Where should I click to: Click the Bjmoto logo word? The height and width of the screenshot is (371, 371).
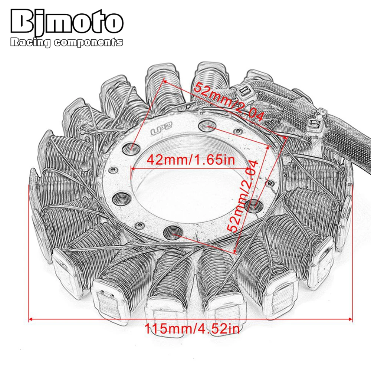pos(67,23)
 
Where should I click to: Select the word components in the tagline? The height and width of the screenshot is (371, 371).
pos(88,43)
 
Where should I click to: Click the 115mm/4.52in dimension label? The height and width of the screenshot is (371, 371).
pos(192,328)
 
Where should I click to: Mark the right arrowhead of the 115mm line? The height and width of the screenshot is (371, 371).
pos(350,319)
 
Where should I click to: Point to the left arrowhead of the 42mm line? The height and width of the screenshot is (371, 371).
pos(132,168)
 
